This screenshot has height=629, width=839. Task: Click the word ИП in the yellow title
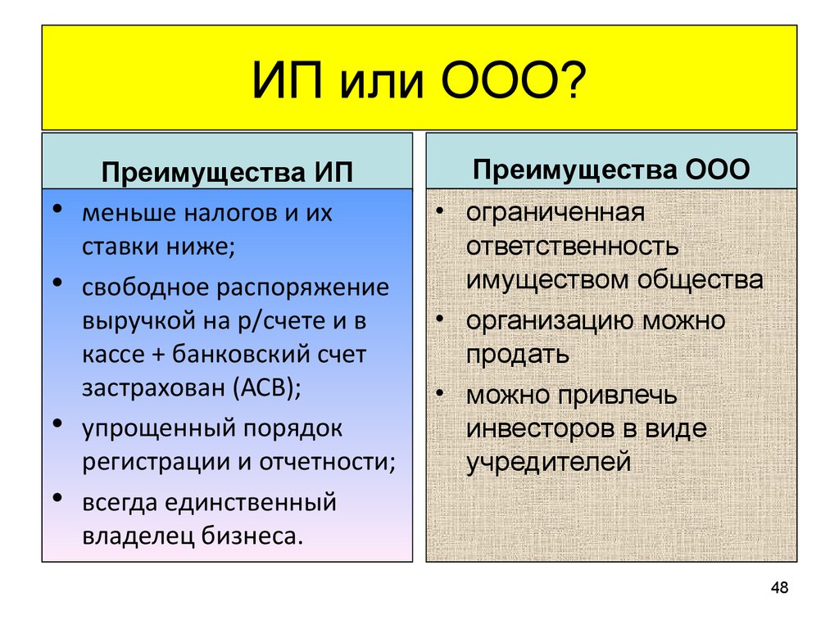[x=288, y=80]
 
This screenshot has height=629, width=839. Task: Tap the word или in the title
[x=382, y=85]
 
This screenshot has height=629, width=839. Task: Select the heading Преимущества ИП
[x=228, y=172]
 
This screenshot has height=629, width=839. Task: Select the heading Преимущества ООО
[x=611, y=169]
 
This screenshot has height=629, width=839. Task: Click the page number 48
[x=780, y=587]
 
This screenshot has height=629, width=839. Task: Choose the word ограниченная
[x=556, y=212]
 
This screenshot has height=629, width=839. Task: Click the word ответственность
[x=572, y=246]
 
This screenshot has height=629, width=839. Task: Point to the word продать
[x=518, y=355]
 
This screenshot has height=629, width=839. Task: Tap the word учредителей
[x=548, y=463]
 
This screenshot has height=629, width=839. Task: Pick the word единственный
[x=251, y=503]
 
